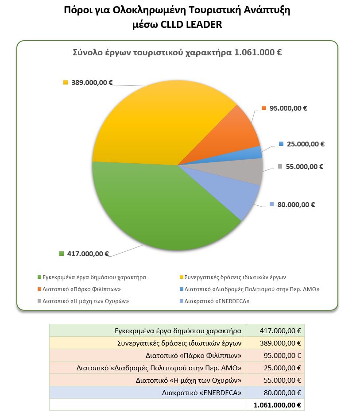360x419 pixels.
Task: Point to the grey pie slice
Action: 248,173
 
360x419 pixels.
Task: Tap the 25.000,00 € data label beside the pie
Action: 306,144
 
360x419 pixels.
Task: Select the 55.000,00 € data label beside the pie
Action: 305,167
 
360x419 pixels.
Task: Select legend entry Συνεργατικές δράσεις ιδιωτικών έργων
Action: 235,277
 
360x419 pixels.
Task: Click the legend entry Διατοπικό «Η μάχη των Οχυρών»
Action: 86,302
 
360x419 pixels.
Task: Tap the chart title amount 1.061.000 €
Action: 258,52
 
